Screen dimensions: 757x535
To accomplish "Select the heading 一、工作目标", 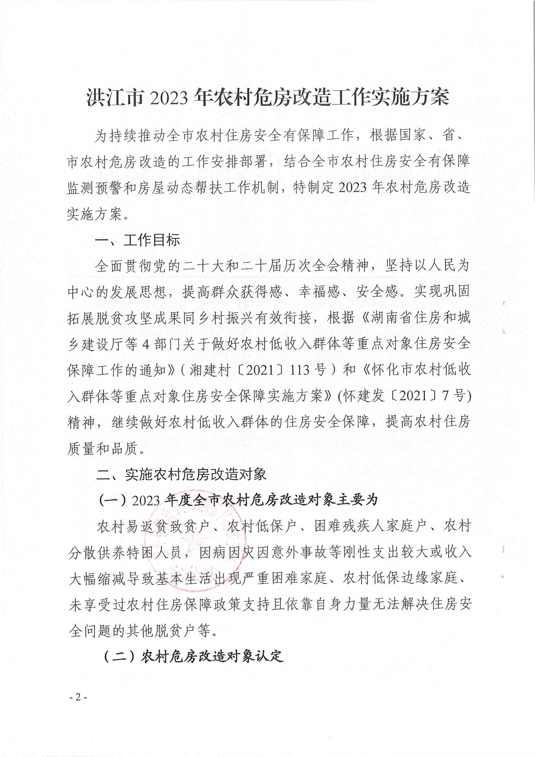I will pyautogui.click(x=137, y=240).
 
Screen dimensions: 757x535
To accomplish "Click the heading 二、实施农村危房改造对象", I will pyautogui.click(x=181, y=475).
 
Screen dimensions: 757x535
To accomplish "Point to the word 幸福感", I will pyautogui.click(x=319, y=292).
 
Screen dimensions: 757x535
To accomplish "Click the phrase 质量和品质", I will pyautogui.click(x=102, y=448).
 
